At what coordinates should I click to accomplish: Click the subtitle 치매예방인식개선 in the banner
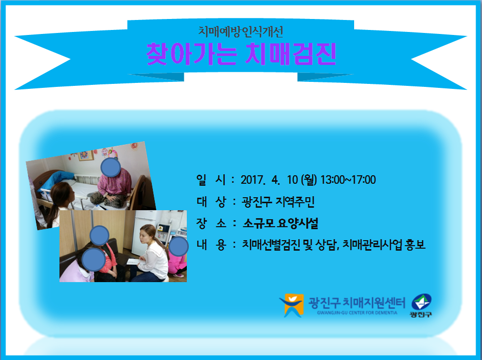pos(240,31)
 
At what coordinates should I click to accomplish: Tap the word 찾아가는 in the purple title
pos(192,54)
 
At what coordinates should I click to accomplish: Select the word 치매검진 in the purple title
pos(291,54)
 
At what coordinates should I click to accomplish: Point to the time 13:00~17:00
pos(348,180)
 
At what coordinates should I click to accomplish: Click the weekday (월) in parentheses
pos(309,180)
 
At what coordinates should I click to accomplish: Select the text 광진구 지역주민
pos(278,202)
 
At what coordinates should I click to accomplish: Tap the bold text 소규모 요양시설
pos(280,223)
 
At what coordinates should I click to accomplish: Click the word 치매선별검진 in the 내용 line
pos(271,245)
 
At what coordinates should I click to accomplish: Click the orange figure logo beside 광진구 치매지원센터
pos(292,305)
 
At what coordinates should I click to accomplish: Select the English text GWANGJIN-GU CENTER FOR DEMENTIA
pos(357,313)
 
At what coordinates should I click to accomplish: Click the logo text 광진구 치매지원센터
pos(357,303)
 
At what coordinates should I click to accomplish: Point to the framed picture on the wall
pos(86,155)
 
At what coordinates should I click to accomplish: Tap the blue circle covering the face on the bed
pos(111,167)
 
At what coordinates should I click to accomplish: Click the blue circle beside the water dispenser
pos(178,247)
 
